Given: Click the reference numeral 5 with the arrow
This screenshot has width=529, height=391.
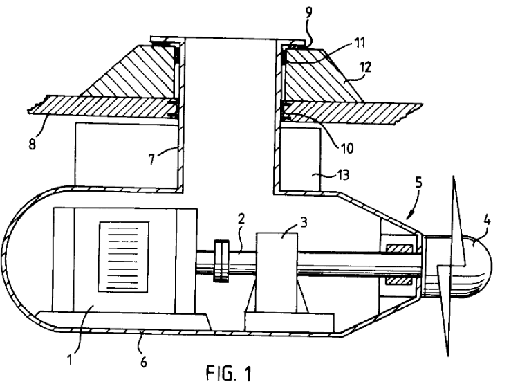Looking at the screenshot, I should pos(420,185).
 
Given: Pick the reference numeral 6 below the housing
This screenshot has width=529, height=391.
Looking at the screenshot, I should pos(144,361).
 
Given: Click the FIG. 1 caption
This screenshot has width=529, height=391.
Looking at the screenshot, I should pos(230,374).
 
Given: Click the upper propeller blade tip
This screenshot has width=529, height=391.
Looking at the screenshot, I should pos(454,179).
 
